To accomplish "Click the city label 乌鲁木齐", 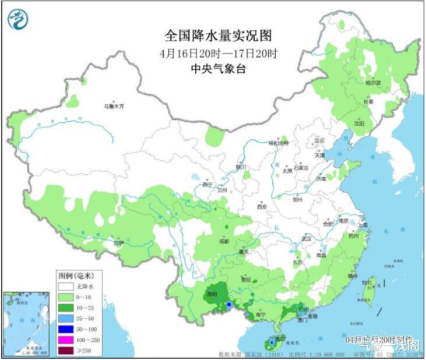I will click(114, 107).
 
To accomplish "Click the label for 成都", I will click(224, 241).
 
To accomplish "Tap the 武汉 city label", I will click(307, 239).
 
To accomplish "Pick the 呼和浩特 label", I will click(278, 143).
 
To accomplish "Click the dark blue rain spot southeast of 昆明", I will click(230, 305).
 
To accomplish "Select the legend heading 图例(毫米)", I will click(76, 275).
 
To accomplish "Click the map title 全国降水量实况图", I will click(218, 36).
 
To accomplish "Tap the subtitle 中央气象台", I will click(218, 69).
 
